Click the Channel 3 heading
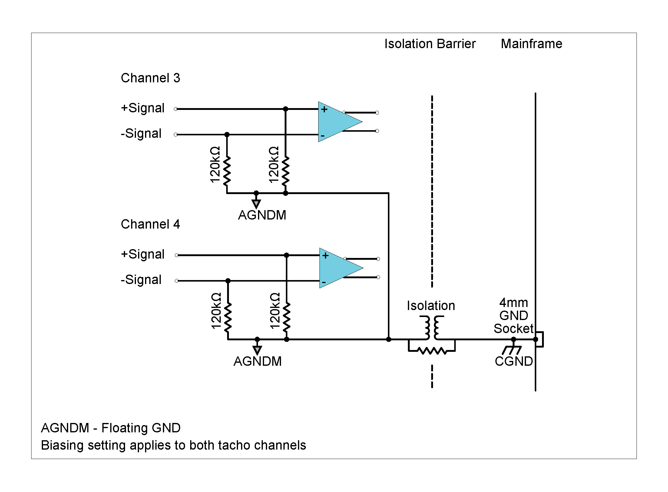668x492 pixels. [x=150, y=78]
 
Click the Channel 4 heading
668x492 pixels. [x=150, y=224]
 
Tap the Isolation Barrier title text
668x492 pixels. [x=430, y=44]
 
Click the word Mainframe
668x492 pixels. [x=531, y=44]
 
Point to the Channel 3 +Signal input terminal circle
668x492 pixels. [x=176, y=109]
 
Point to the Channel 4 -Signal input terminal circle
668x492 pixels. [x=177, y=281]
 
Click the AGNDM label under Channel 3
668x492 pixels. [x=262, y=215]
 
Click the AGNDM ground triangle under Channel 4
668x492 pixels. [x=257, y=350]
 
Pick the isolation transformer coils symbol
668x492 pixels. [x=432, y=328]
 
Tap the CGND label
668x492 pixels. [x=514, y=362]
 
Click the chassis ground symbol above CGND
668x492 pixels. [x=512, y=350]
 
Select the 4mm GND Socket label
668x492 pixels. [x=514, y=316]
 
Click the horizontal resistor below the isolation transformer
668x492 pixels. [x=432, y=351]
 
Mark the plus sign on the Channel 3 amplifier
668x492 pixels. [x=324, y=109]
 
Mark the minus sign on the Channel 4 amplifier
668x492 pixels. [x=324, y=282]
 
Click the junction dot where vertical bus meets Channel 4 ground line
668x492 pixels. [x=389, y=339]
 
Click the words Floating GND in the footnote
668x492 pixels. [x=141, y=428]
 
